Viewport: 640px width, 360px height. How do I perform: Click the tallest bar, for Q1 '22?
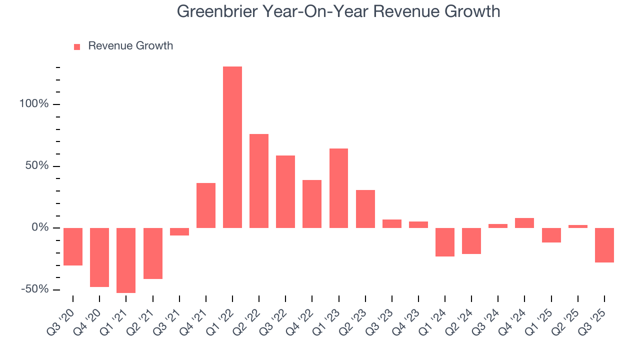232,147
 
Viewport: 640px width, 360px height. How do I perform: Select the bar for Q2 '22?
259,181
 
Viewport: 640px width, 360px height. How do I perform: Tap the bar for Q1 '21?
126,260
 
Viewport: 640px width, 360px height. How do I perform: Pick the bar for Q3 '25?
604,245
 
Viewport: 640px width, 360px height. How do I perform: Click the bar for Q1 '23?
338,188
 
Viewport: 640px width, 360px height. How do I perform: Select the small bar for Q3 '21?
179,231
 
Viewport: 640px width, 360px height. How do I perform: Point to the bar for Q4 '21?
206,205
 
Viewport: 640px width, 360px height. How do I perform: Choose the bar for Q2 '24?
471,241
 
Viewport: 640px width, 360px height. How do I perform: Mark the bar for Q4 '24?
524,223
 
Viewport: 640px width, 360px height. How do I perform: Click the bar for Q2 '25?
578,226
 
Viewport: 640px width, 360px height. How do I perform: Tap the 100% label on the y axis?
34,104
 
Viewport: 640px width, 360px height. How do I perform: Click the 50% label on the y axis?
37,166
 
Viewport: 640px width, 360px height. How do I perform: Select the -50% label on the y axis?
35,289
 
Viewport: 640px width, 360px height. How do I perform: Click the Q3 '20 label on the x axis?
61,317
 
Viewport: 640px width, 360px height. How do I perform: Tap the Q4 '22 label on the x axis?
300,317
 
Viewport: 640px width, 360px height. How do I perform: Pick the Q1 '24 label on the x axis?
433,317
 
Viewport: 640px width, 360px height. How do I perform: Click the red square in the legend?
77,46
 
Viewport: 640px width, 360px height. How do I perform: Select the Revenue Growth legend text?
130,46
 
